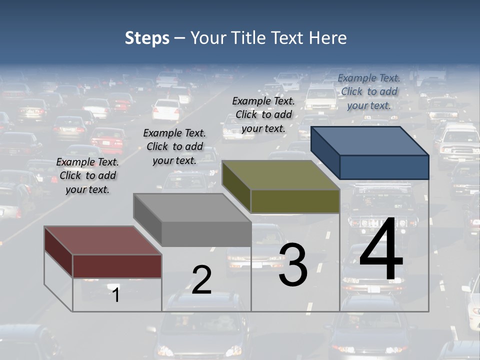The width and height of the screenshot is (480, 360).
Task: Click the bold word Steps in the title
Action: pyautogui.click(x=147, y=38)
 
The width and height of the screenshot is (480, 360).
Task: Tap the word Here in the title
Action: pyautogui.click(x=327, y=38)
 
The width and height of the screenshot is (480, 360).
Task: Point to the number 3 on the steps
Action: pyautogui.click(x=293, y=265)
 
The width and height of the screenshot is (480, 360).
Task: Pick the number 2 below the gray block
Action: pyautogui.click(x=201, y=280)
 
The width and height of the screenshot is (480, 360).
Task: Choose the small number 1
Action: pyautogui.click(x=115, y=295)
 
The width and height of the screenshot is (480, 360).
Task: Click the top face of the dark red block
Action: pyautogui.click(x=102, y=240)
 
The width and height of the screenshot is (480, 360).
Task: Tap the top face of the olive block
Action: pyautogui.click(x=280, y=175)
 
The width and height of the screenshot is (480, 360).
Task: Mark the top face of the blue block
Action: pyautogui.click(x=369, y=140)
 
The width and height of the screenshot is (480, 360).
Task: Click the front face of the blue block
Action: pyautogui.click(x=384, y=167)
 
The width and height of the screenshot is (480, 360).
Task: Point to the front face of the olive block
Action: pyautogui.click(x=295, y=201)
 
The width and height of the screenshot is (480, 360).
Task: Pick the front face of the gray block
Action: pyautogui.click(x=206, y=234)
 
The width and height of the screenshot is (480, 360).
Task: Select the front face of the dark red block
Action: pyautogui.click(x=117, y=266)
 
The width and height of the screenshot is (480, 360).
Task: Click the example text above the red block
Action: pyautogui.click(x=87, y=175)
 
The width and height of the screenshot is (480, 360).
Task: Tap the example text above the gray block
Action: pyautogui.click(x=174, y=146)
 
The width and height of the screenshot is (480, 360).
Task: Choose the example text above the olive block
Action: pyautogui.click(x=263, y=114)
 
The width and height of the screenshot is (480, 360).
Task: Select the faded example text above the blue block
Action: pyautogui.click(x=369, y=91)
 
